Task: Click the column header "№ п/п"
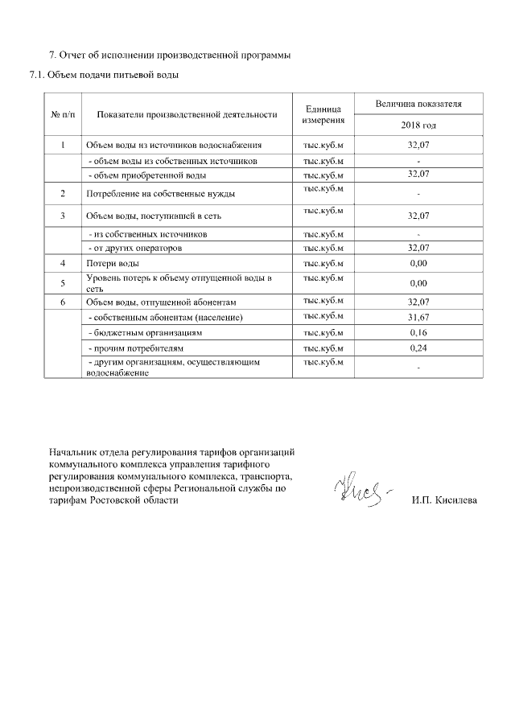63,115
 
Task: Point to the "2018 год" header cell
418,125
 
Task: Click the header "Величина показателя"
418,105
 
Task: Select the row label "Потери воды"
113,263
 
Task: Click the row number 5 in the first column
63,282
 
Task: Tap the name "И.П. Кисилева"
443,500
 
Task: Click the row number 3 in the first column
63,216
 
